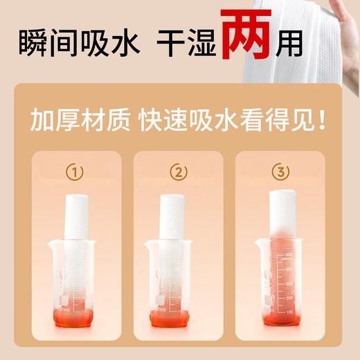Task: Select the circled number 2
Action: [179, 171]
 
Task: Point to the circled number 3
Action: [282, 171]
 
